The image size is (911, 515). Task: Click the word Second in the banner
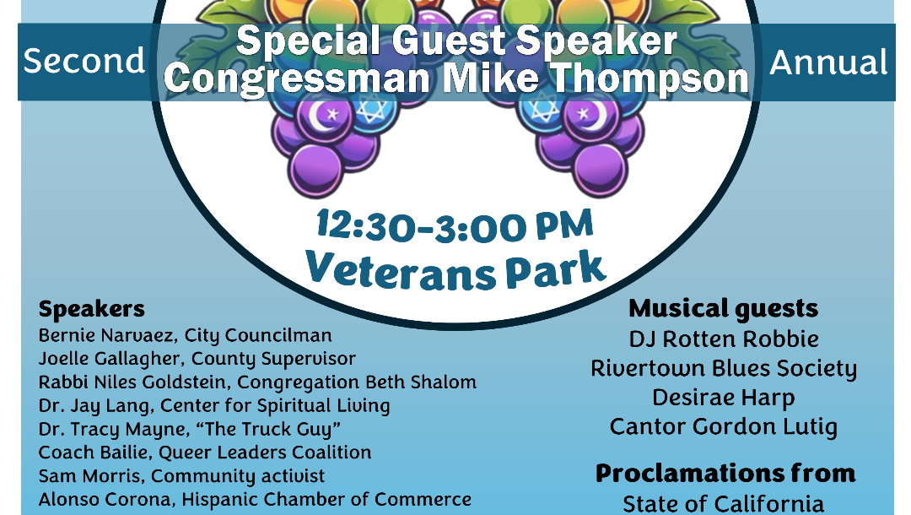pyautogui.click(x=84, y=61)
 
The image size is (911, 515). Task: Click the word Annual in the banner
pyautogui.click(x=828, y=62)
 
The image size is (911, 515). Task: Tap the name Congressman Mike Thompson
pyautogui.click(x=456, y=79)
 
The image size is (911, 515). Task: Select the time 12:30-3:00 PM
pyautogui.click(x=455, y=226)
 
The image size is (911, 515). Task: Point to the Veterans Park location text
pyautogui.click(x=456, y=270)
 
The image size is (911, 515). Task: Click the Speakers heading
pyautogui.click(x=92, y=310)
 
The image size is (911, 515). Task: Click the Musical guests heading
pyautogui.click(x=724, y=309)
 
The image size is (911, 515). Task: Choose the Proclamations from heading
pyautogui.click(x=725, y=474)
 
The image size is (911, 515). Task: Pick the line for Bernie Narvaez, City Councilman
pyautogui.click(x=186, y=336)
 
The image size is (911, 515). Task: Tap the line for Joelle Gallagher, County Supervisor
pyautogui.click(x=197, y=359)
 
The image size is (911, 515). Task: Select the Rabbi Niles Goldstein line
pyautogui.click(x=257, y=382)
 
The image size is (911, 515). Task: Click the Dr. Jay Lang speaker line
pyautogui.click(x=213, y=406)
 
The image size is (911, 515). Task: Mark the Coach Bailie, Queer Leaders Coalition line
pyautogui.click(x=204, y=453)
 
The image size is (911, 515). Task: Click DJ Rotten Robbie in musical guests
pyautogui.click(x=724, y=339)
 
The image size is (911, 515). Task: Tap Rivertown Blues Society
pyautogui.click(x=724, y=369)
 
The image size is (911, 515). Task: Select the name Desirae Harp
pyautogui.click(x=724, y=398)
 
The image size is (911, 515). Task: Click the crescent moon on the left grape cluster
pyautogui.click(x=319, y=115)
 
